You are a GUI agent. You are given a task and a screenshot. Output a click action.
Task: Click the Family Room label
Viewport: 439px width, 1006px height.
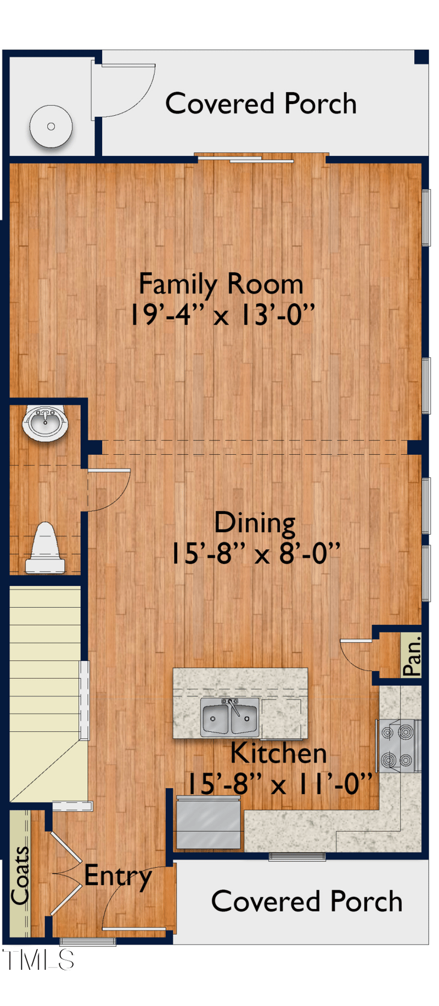pos(221,284)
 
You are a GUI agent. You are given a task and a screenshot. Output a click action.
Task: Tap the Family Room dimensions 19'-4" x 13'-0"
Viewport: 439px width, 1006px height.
pos(222,315)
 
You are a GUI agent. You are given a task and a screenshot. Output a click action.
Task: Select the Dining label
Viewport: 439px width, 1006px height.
pos(255,522)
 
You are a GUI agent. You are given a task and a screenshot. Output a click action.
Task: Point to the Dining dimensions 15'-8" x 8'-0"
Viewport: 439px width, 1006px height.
pos(255,553)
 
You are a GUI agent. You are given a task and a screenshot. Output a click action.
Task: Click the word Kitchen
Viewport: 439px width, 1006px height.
pos(278,753)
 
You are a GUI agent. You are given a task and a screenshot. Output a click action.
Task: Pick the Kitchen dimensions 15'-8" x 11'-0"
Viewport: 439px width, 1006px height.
pos(280,783)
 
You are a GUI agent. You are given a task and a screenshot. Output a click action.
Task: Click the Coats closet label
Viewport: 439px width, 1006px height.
pos(20,875)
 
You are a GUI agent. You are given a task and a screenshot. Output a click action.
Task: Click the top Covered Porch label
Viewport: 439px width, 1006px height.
pos(261,104)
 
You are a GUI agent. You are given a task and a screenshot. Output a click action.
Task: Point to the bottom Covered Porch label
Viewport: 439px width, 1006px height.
pos(307,901)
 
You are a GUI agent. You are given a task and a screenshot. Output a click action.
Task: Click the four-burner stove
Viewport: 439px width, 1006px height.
pos(398,745)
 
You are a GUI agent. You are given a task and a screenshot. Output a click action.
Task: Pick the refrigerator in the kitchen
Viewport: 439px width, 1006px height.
pos(208,823)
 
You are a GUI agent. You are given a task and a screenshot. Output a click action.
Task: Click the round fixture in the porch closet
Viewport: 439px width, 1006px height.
pos(51,127)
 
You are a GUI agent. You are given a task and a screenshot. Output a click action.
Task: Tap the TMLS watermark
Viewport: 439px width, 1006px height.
pos(38,959)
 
